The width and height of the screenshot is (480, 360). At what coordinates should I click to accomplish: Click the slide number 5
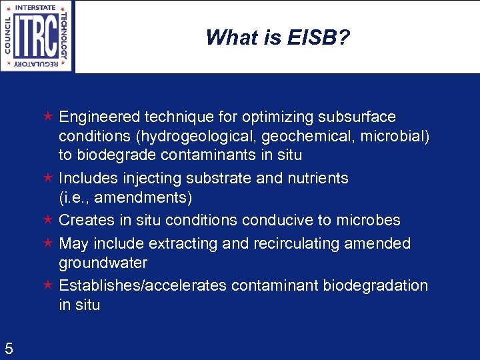(x=9, y=347)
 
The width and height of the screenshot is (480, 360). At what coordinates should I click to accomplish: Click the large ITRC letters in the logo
(x=37, y=35)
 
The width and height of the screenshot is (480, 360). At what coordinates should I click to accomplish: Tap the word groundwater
(x=103, y=263)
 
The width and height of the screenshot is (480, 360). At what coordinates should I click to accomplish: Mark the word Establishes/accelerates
(x=143, y=285)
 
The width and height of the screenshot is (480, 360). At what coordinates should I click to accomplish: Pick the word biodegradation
(x=375, y=285)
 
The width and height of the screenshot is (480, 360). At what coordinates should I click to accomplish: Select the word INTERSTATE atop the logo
(x=37, y=7)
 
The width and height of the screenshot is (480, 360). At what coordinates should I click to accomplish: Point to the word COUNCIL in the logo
(x=8, y=35)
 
